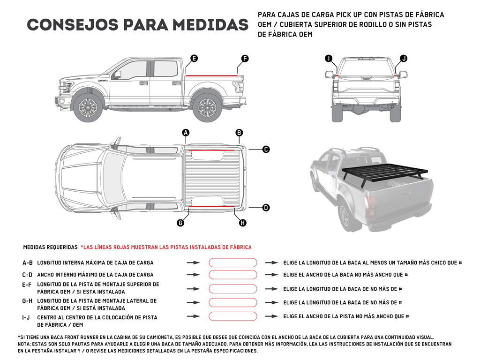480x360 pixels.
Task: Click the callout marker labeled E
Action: click(x=194, y=59)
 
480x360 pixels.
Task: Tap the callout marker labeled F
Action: click(x=245, y=59)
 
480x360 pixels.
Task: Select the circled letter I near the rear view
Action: click(x=329, y=59)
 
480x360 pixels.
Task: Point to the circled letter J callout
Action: click(x=404, y=59)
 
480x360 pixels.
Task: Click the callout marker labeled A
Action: click(x=186, y=133)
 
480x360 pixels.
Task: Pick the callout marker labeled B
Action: click(x=239, y=133)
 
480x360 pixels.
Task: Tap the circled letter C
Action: click(x=266, y=150)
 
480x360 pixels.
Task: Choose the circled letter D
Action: click(x=266, y=207)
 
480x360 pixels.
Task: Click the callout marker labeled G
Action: click(x=180, y=223)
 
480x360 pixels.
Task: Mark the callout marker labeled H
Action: click(x=243, y=223)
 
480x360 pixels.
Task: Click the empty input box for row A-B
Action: click(x=232, y=263)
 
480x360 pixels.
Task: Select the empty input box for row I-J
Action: click(x=232, y=316)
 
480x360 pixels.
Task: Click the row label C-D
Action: click(x=27, y=275)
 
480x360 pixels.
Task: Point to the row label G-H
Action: click(x=27, y=301)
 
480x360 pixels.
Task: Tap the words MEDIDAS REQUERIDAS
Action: click(x=50, y=247)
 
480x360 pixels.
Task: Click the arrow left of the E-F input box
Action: click(x=193, y=289)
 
